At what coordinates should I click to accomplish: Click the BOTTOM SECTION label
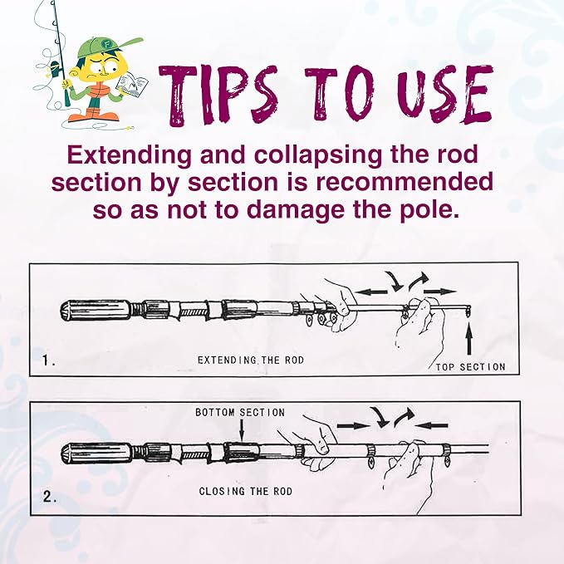240,413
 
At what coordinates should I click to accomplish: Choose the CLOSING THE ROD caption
246,492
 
